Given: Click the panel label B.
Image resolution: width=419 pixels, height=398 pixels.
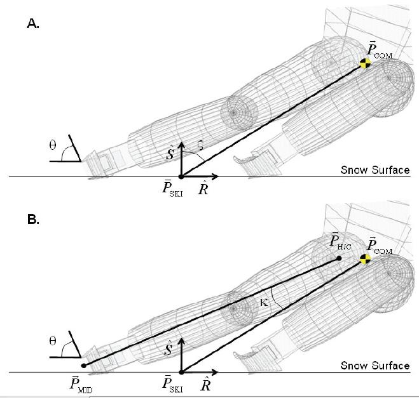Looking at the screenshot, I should coord(32,222).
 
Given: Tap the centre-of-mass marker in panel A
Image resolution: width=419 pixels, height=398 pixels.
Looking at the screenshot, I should coord(365,63).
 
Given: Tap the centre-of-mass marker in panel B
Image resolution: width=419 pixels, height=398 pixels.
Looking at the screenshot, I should coord(365,258).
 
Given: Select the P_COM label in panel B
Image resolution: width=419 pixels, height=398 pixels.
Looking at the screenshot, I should coord(380,246).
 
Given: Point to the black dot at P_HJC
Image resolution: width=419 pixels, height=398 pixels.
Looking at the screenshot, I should coord(340,258).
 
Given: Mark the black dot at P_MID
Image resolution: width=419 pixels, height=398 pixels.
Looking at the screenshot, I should coord(84,366).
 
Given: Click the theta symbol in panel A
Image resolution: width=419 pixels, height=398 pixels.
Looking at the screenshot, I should coord(53,144).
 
